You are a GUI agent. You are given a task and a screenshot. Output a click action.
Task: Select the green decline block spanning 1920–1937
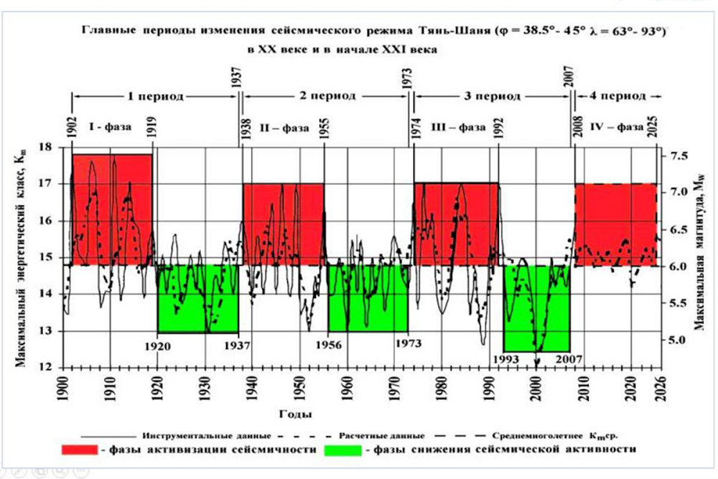pyautogui.click(x=197, y=299)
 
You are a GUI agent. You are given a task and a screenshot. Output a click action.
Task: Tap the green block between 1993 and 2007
pyautogui.click(x=536, y=307)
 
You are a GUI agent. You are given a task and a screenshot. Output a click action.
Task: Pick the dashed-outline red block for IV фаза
pyautogui.click(x=615, y=225)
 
